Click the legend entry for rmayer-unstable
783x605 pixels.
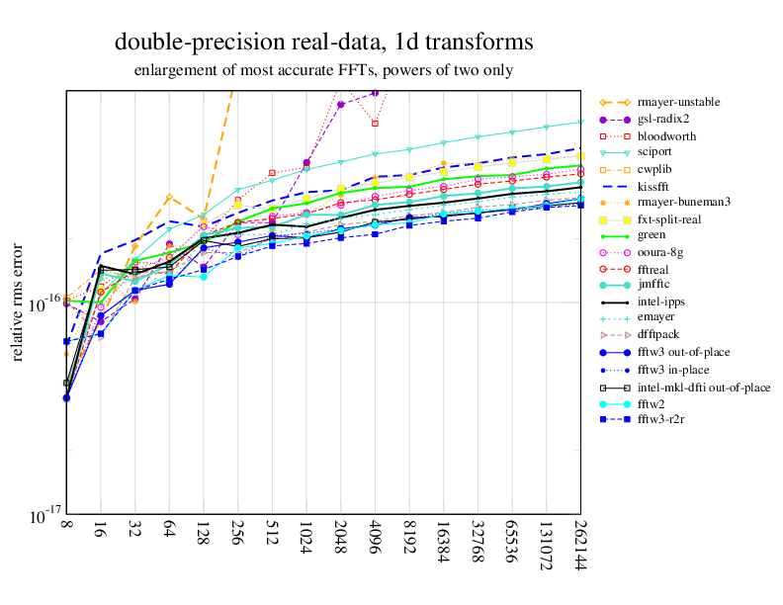(x=678, y=102)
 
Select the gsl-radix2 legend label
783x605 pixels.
(x=664, y=119)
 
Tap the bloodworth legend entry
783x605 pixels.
(x=665, y=135)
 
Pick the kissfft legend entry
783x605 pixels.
(x=655, y=186)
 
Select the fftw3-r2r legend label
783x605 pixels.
(x=664, y=420)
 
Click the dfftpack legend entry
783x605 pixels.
(x=660, y=336)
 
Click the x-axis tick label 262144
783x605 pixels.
(x=578, y=545)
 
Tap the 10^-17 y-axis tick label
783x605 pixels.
(x=46, y=515)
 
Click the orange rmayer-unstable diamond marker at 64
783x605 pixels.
(x=169, y=198)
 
